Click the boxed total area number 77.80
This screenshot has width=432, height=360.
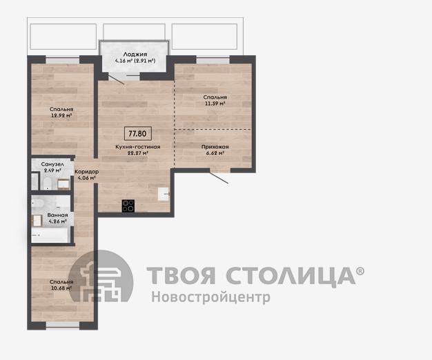pyautogui.click(x=137, y=134)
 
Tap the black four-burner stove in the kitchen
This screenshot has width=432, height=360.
pyautogui.click(x=128, y=206)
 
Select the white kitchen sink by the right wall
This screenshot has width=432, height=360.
pyautogui.click(x=164, y=194)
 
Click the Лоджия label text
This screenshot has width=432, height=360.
pyautogui.click(x=135, y=54)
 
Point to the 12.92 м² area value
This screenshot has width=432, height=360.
pyautogui.click(x=61, y=116)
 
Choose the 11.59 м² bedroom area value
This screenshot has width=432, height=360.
pyautogui.click(x=215, y=103)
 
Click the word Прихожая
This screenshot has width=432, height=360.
pyautogui.click(x=215, y=147)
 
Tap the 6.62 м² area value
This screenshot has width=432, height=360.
pyautogui.click(x=215, y=153)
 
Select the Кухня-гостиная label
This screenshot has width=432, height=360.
pyautogui.click(x=138, y=147)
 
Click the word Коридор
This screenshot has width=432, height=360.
pyautogui.click(x=87, y=172)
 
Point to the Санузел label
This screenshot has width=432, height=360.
pyautogui.click(x=52, y=164)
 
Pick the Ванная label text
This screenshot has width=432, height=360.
pyautogui.click(x=57, y=215)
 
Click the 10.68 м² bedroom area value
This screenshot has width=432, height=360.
pyautogui.click(x=61, y=288)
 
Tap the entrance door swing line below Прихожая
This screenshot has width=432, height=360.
pyautogui.click(x=219, y=177)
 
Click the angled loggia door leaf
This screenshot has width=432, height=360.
pyautogui.click(x=116, y=79)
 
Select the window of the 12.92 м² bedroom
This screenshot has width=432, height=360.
pyautogui.click(x=63, y=60)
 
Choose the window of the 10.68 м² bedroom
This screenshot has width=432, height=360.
pyautogui.click(x=63, y=325)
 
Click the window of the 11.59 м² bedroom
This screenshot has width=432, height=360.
pyautogui.click(x=213, y=60)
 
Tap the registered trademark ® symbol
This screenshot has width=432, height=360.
pyautogui.click(x=360, y=271)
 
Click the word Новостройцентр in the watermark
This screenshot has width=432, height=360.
pyautogui.click(x=211, y=297)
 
